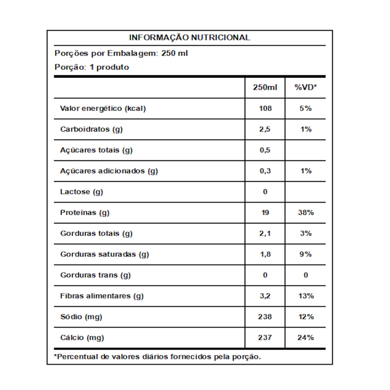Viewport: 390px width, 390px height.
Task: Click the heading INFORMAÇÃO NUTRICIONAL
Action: [189, 38]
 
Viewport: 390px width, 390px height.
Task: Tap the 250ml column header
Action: [265, 88]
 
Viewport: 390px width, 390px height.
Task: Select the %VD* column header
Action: [305, 88]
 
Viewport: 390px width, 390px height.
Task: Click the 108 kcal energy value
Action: [265, 108]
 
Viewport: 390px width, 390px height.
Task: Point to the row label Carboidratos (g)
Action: [91, 129]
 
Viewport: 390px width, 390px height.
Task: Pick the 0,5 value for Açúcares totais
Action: [265, 150]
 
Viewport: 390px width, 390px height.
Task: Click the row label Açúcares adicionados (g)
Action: [109, 171]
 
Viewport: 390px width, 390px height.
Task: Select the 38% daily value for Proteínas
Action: [305, 213]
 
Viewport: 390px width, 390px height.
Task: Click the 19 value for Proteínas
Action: [265, 213]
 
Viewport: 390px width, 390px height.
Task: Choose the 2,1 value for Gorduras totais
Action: [265, 233]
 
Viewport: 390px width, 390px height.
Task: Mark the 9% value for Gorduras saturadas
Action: [305, 254]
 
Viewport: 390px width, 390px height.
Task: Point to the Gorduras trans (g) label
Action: [95, 275]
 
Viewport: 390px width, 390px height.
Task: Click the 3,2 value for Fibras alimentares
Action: [265, 296]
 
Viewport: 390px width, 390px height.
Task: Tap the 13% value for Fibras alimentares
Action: [305, 296]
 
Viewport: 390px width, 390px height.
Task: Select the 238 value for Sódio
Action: [265, 316]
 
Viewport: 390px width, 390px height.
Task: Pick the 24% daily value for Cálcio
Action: [305, 337]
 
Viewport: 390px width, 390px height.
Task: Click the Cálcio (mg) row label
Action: [82, 337]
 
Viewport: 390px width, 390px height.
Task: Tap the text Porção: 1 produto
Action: [92, 67]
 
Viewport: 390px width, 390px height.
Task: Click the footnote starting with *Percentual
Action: [157, 357]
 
